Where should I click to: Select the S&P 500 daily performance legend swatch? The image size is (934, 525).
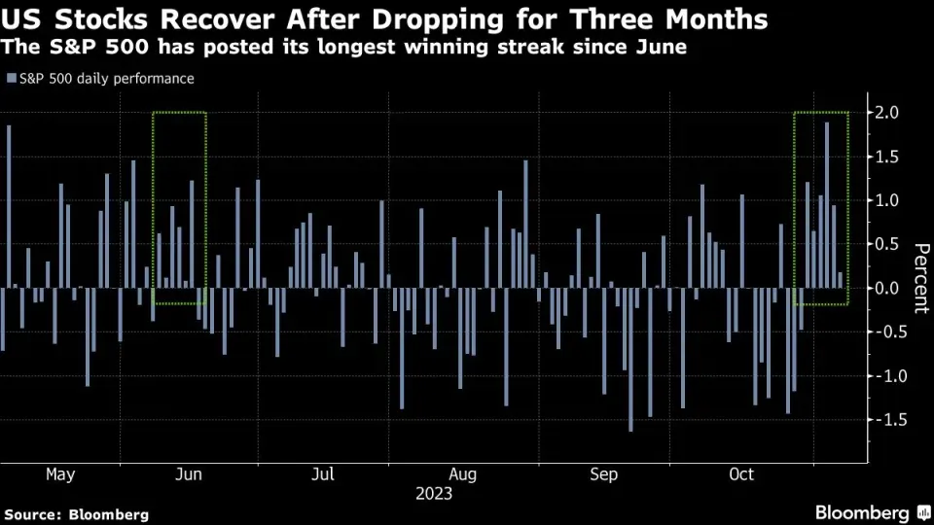[x=10, y=79]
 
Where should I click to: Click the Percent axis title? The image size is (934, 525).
[x=918, y=276]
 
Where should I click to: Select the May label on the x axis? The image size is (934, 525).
[x=60, y=474]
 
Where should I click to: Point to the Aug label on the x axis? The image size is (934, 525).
[x=464, y=474]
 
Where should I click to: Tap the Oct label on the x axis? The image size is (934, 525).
[x=741, y=474]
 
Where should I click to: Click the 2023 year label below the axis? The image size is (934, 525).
[x=434, y=494]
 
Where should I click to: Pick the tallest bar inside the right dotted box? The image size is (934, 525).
[x=827, y=204]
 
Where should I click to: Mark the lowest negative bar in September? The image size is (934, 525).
[x=630, y=359]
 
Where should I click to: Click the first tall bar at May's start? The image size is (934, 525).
[x=9, y=206]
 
